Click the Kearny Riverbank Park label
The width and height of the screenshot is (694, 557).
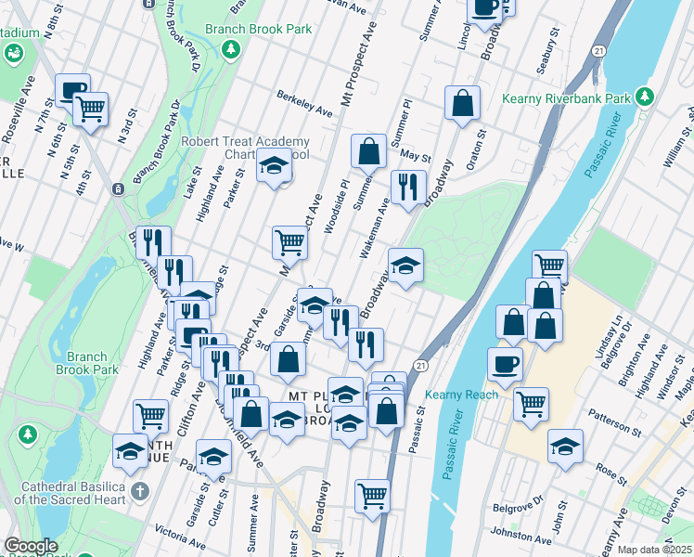click(x=566, y=98)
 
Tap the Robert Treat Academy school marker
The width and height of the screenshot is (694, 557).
click(x=274, y=167)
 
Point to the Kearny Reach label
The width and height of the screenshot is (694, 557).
click(x=461, y=395)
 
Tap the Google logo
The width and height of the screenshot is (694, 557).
click(x=31, y=546)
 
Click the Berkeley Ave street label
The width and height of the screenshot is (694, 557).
click(x=304, y=103)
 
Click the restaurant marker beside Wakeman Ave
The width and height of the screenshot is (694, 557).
click(x=406, y=188)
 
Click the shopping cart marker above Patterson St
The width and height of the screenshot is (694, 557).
click(x=530, y=403)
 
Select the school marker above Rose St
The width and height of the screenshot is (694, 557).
click(x=564, y=446)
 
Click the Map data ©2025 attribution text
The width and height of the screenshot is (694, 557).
click(x=654, y=550)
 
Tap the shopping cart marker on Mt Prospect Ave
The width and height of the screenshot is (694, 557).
click(x=289, y=243)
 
